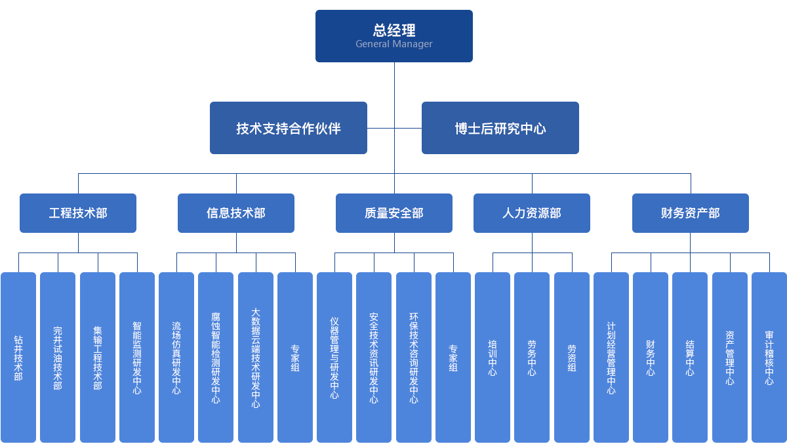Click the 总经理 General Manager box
(393, 36)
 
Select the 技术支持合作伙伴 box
(288, 128)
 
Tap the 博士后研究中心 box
(500, 128)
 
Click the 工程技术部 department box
(77, 213)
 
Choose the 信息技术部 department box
(236, 213)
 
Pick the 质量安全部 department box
(393, 213)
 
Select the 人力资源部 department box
(531, 213)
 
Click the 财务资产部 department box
(690, 213)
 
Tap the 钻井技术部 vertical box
(18, 357)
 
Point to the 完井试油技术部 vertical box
(58, 357)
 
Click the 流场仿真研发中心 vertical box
(176, 357)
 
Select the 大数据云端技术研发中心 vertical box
(256, 357)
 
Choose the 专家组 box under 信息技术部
(295, 357)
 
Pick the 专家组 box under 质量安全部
(453, 357)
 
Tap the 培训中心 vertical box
(493, 357)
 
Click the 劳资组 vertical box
(571, 357)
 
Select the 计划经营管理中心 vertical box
(611, 357)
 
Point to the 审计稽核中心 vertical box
(769, 357)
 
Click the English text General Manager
(394, 45)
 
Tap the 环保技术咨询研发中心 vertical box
(414, 357)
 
